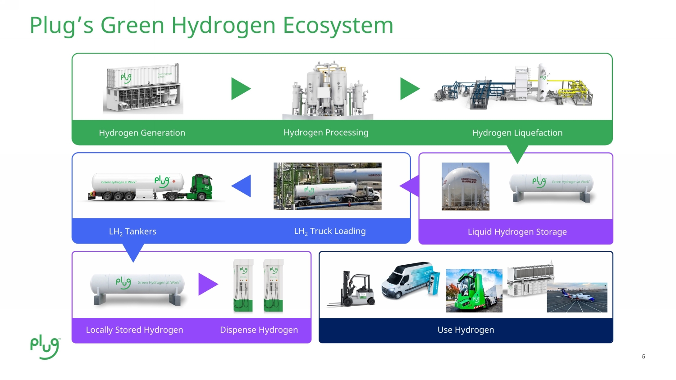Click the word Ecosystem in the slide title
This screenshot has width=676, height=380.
tap(338, 25)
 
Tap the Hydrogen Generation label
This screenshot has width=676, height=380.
tap(142, 133)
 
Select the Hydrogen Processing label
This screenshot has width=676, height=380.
tap(326, 132)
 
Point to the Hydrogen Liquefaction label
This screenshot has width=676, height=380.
tap(517, 133)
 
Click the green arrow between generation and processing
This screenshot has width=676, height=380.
tap(240, 89)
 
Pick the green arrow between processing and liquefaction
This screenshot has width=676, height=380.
tap(409, 89)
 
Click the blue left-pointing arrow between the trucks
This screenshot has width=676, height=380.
tap(242, 186)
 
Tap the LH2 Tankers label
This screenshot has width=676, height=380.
tap(132, 231)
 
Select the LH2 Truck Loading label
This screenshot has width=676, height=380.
tap(330, 231)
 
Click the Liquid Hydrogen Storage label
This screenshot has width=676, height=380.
tap(517, 232)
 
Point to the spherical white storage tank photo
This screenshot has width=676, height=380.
tap(466, 186)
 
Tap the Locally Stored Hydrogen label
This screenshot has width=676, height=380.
tap(134, 330)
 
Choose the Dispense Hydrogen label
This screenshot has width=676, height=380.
tap(259, 330)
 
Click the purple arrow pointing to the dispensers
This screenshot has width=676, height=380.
tap(208, 284)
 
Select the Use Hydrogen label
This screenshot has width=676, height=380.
tap(466, 330)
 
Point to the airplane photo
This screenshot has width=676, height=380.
tap(577, 298)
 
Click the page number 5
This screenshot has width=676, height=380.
tap(644, 357)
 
